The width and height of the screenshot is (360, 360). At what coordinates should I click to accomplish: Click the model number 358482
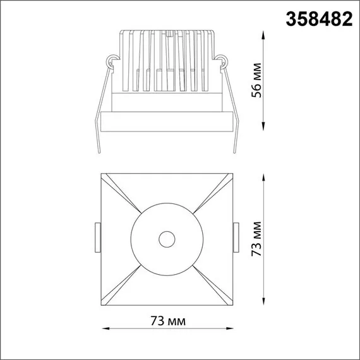coord(319,20)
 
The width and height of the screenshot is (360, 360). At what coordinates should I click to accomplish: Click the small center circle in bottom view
coord(167,239)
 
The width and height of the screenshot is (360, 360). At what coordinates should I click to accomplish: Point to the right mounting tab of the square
coord(236,238)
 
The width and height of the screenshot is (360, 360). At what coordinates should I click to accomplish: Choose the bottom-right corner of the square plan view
coord(233,304)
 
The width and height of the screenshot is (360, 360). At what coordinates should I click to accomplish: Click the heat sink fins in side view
coord(167,60)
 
